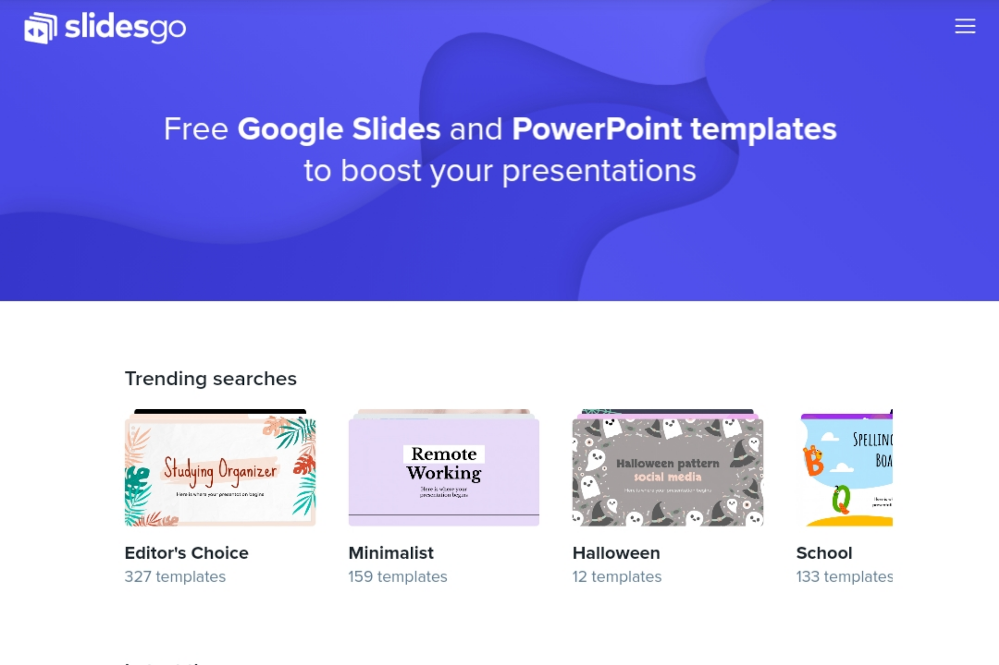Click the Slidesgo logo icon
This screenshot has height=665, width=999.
pyautogui.click(x=40, y=28)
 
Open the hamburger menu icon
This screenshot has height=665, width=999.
pyautogui.click(x=965, y=26)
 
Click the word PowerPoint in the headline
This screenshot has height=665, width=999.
pyautogui.click(x=597, y=129)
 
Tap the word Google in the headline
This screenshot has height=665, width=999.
pyautogui.click(x=290, y=129)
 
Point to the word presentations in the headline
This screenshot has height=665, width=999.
pyautogui.click(x=599, y=171)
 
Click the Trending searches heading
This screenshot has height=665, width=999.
pyautogui.click(x=210, y=379)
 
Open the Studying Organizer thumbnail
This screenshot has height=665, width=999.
pyautogui.click(x=220, y=470)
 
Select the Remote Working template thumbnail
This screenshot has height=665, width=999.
pyautogui.click(x=443, y=470)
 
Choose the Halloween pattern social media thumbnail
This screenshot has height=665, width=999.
pyautogui.click(x=667, y=470)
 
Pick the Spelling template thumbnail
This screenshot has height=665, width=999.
pyautogui.click(x=846, y=470)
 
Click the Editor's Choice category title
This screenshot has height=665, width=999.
pyautogui.click(x=186, y=553)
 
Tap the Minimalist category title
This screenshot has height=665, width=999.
pyautogui.click(x=391, y=553)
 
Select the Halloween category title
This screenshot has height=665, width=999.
pyautogui.click(x=616, y=553)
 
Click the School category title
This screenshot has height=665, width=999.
pyautogui.click(x=824, y=553)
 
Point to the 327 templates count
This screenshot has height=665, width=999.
pyautogui.click(x=175, y=577)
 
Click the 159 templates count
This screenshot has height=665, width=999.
pyautogui.click(x=398, y=577)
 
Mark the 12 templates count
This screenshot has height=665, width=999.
pyautogui.click(x=617, y=577)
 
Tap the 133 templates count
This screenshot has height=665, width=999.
pyautogui.click(x=844, y=577)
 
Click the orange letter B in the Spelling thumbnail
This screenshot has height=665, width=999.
pyautogui.click(x=813, y=461)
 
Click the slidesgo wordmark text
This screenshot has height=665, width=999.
pyautogui.click(x=125, y=27)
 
